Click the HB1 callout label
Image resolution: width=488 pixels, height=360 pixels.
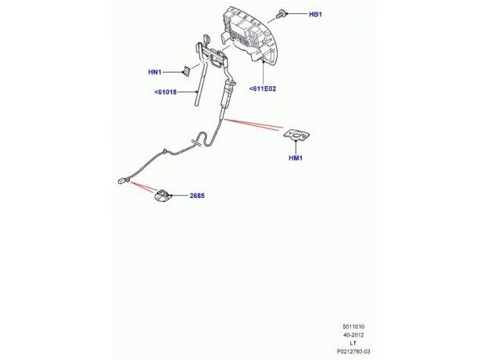coord(315,14)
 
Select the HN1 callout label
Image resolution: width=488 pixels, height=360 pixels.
coord(155,72)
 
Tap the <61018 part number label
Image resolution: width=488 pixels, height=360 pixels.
coord(166,92)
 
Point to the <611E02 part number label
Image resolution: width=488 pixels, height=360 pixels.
coord(263,88)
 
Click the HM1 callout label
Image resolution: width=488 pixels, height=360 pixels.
coord(296,158)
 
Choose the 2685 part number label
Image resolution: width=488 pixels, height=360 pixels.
coord(197,196)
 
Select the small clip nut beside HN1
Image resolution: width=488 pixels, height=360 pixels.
coord(186,71)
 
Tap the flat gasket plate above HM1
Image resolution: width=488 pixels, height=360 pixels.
coord(296,135)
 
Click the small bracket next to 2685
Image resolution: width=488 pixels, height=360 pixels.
coord(163,196)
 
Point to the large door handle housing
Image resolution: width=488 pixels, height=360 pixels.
coord(250,35)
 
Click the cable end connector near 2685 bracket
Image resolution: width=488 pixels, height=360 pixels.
coord(124,180)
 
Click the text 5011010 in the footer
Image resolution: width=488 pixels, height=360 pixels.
coord(353,326)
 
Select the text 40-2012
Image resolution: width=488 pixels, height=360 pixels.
coord(353,335)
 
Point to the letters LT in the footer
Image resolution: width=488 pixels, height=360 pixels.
coord(353,344)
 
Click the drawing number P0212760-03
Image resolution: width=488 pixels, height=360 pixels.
coord(353,352)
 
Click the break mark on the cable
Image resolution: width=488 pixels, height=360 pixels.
coord(196,142)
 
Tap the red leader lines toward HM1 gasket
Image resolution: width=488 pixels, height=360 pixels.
coord(253,125)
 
